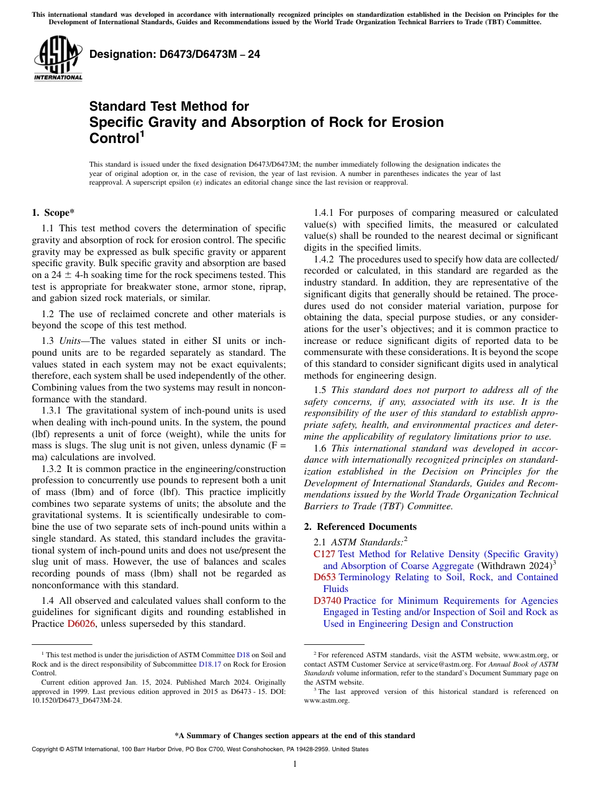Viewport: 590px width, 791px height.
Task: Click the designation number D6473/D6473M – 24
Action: click(175, 54)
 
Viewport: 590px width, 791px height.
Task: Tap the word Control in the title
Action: click(114, 138)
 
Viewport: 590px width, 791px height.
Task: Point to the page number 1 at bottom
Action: click(295, 764)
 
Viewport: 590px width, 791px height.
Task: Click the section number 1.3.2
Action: click(52, 468)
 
